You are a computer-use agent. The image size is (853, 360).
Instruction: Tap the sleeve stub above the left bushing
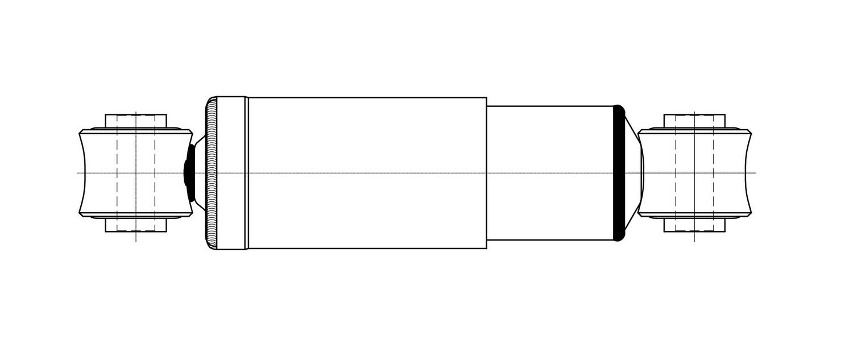point(136,122)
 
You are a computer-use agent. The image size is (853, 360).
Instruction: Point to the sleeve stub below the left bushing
point(136,225)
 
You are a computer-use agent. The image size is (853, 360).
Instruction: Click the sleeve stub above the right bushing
point(694,122)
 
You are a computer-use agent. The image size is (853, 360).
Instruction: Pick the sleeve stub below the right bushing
point(694,225)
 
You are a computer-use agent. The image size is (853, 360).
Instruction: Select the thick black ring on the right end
point(619,172)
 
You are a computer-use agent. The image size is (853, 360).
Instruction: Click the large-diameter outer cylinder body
point(367,142)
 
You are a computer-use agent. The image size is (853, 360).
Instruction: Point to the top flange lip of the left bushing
point(136,131)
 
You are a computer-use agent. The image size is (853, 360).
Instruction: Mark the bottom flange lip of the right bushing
point(694,216)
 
